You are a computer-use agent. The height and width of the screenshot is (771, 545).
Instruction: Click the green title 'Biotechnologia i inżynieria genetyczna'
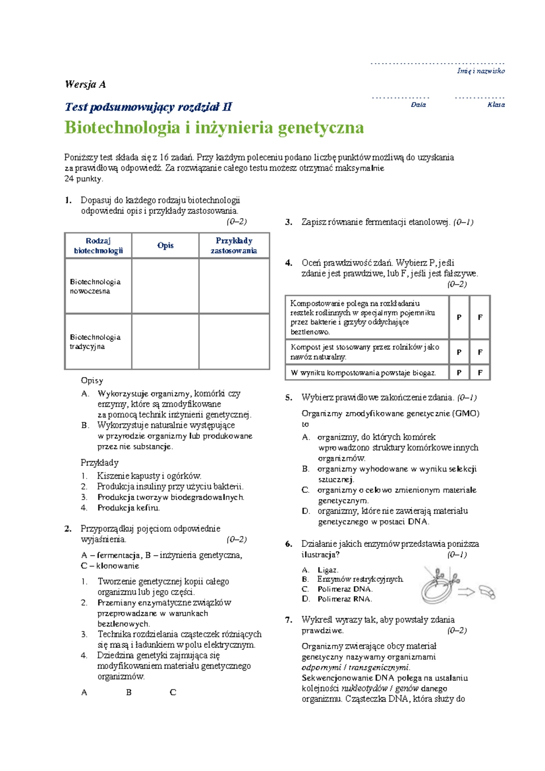214,128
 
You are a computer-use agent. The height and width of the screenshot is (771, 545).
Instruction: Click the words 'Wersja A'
85,84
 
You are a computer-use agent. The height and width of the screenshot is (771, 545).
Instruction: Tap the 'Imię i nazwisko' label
481,71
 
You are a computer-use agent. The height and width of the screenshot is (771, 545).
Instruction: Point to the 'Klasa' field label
496,105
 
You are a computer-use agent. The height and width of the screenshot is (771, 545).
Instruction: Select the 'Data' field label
418,105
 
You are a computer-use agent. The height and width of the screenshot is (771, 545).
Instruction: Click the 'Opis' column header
165,245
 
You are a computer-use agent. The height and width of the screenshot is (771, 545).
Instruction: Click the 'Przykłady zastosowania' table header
234,245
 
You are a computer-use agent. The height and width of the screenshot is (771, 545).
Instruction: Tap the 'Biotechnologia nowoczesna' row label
95,286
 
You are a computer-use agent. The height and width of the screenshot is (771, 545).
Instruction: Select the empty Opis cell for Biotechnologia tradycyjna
165,341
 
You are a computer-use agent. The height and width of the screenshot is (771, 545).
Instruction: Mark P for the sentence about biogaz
459,373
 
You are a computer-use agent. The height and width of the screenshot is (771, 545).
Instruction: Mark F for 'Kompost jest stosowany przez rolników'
480,352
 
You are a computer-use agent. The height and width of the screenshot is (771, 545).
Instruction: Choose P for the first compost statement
459,317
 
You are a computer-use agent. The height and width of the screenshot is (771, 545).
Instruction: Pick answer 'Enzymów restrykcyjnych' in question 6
360,579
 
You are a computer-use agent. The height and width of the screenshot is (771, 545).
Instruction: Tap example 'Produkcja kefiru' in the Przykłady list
129,508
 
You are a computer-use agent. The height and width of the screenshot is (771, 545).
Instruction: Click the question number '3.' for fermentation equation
288,222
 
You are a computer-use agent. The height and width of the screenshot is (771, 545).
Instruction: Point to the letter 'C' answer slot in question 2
173,692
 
